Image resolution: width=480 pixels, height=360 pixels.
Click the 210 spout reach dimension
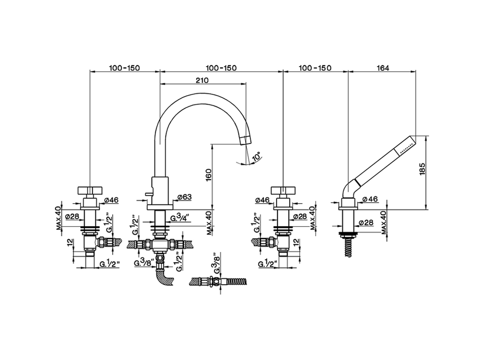click(x=201, y=80)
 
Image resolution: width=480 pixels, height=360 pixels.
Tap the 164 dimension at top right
click(x=383, y=68)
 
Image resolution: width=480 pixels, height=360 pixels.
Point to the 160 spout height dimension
click(x=209, y=175)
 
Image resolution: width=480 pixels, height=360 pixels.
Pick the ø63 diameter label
click(x=184, y=196)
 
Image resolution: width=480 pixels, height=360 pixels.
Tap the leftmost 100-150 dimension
click(x=124, y=68)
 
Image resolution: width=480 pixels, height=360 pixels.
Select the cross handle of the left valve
click(x=90, y=190)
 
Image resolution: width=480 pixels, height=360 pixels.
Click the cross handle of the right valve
click(x=283, y=190)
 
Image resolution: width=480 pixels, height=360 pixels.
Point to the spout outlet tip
click(x=245, y=140)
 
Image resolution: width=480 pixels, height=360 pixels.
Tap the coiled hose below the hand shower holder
click(x=349, y=247)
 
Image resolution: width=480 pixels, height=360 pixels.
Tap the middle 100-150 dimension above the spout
click(x=221, y=68)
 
